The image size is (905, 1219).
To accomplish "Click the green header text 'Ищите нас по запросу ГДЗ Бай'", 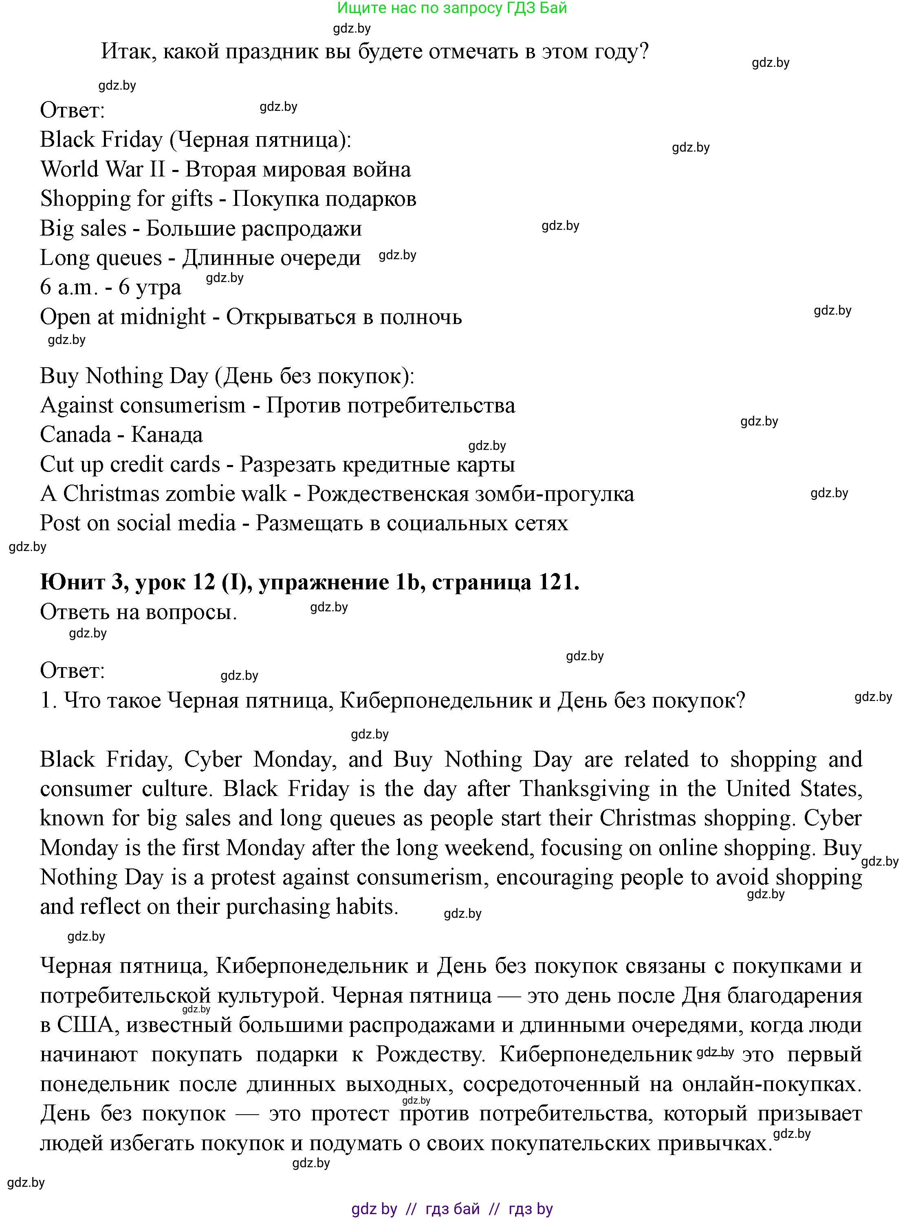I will pos(452,8).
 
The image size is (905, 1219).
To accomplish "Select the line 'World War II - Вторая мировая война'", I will pos(225,169).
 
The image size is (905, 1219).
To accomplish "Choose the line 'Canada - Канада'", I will pos(121,435).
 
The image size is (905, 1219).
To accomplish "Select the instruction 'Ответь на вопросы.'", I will pos(138,612).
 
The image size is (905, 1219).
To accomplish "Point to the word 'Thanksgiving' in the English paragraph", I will pos(584,789).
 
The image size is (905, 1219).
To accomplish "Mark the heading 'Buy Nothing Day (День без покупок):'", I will pos(227,377).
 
